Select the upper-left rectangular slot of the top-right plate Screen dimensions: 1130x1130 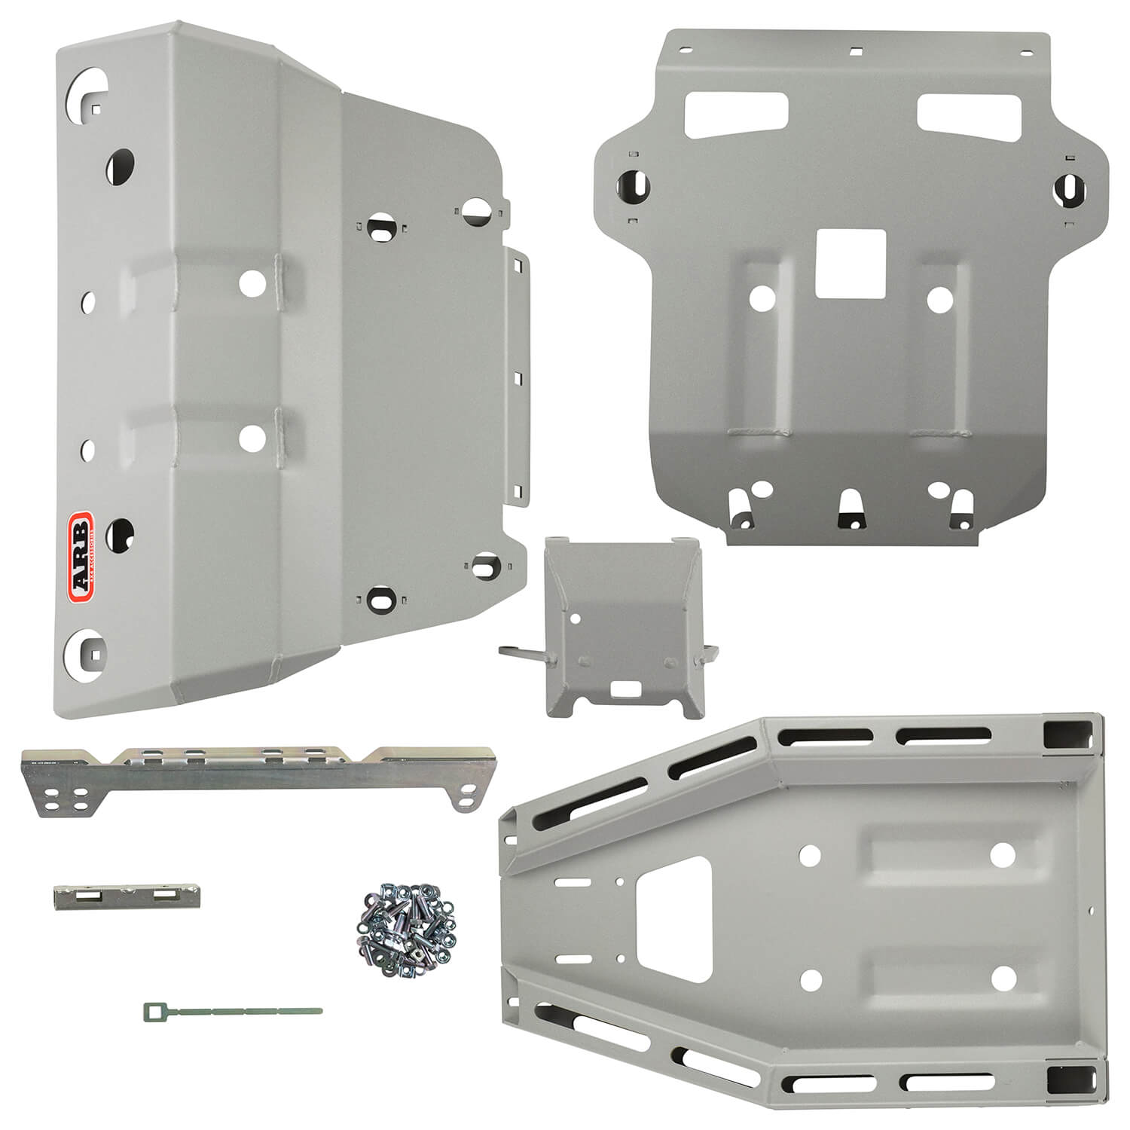(x=736, y=114)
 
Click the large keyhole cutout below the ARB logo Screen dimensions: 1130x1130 (x=87, y=649)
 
